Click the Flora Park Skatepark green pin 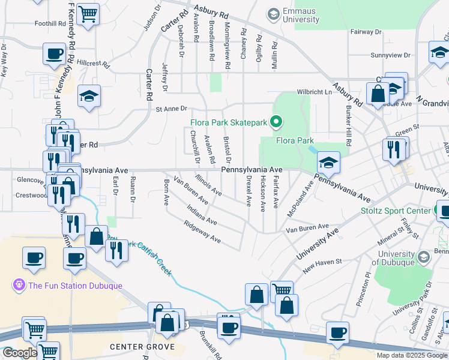point(276,122)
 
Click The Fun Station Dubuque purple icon point(19,284)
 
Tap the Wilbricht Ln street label point(313,92)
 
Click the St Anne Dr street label point(172,109)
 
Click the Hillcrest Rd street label point(93,63)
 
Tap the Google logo point(20,353)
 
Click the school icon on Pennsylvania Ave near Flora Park point(328,163)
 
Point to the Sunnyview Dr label point(390,55)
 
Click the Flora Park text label point(295,141)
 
